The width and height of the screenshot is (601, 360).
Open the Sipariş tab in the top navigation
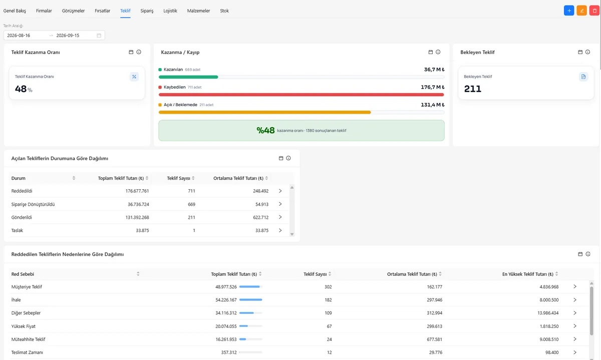[147, 11]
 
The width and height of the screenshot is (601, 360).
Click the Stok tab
[224, 11]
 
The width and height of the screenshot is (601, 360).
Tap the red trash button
[594, 11]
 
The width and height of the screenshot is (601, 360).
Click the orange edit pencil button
[581, 11]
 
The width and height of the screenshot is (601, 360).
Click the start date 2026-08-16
[19, 36]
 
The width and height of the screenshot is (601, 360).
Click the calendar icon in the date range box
[99, 36]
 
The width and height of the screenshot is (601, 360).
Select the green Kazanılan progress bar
[188, 77]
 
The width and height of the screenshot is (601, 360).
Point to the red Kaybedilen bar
[302, 95]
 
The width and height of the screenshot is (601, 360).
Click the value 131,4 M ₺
[433, 105]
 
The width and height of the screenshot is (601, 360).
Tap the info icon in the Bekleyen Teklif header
[587, 52]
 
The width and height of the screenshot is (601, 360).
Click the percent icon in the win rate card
[134, 77]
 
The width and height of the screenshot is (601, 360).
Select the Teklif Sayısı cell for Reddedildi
[191, 191]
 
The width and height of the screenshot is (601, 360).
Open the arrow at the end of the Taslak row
[280, 230]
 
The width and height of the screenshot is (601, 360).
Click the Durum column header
[18, 178]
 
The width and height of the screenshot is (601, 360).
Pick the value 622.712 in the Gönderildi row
[261, 217]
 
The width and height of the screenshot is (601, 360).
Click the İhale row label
[16, 300]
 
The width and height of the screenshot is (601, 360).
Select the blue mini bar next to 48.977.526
[249, 287]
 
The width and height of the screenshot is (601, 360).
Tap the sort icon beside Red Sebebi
[138, 274]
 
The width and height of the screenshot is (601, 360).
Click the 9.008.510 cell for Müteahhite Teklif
[549, 339]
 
